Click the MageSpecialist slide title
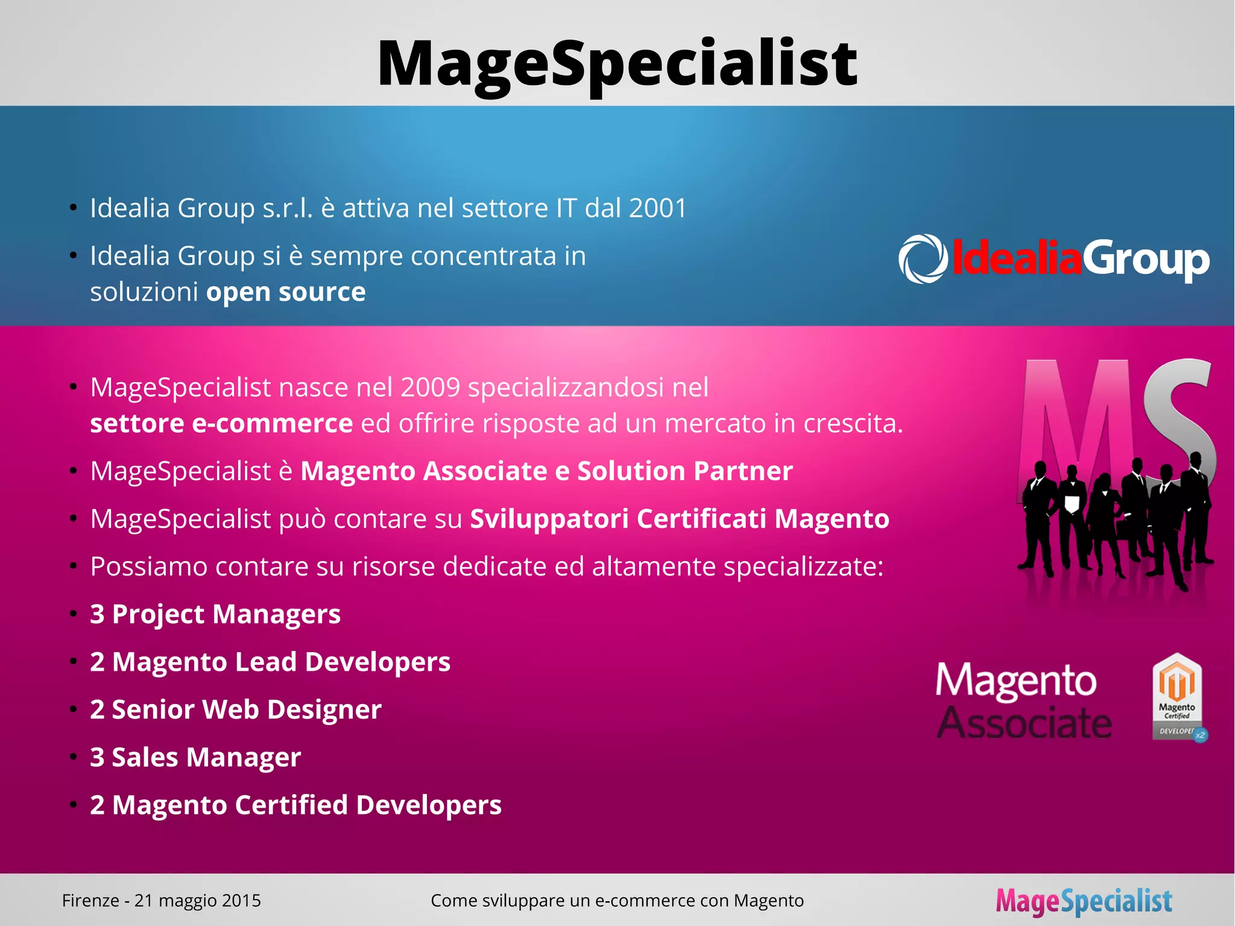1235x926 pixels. point(617,64)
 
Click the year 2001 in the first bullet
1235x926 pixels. point(658,208)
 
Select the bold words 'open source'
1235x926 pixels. point(286,292)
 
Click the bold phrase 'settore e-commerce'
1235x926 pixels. point(221,423)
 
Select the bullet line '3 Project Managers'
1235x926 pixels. point(215,614)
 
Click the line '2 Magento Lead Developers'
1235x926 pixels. point(270,662)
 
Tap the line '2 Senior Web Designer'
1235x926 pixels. point(236,709)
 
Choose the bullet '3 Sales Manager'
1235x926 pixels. point(195,757)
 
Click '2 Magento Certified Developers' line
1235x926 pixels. point(295,805)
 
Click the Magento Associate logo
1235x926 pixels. point(1024,700)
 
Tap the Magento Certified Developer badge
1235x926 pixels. point(1177,697)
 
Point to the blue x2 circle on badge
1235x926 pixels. point(1201,735)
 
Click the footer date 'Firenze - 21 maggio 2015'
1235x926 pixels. point(162,901)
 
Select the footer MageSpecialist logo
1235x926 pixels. point(1084,901)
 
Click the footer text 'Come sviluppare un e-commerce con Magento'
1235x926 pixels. point(617,901)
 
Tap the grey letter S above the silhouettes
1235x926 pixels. point(1182,416)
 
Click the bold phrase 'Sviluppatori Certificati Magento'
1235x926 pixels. point(680,519)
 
